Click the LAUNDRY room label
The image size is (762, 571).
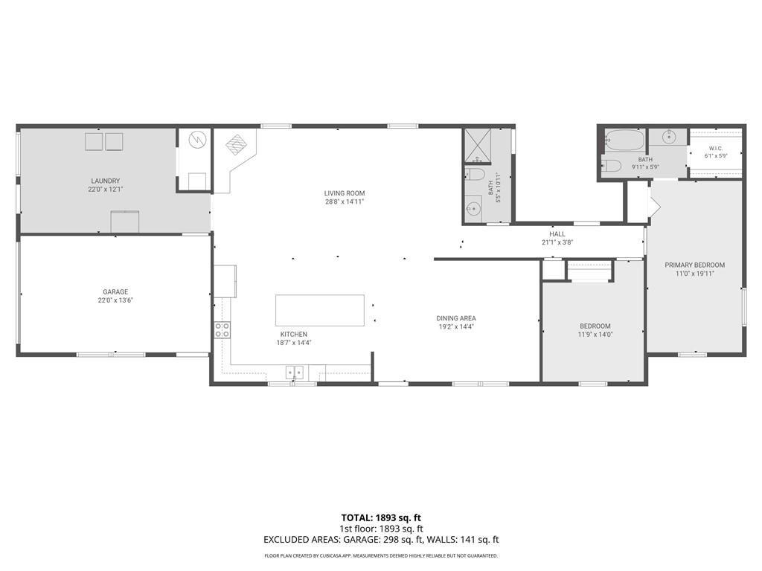click(x=106, y=181)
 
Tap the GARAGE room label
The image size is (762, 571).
click(x=115, y=291)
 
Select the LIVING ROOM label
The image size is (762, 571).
click(x=345, y=193)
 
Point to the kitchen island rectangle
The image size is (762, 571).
click(x=320, y=310)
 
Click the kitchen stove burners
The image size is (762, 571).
click(x=222, y=330)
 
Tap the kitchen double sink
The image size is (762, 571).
click(x=295, y=372)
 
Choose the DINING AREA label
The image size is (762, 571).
click(x=456, y=318)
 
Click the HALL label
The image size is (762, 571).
click(x=557, y=234)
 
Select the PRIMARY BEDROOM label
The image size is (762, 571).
click(x=695, y=265)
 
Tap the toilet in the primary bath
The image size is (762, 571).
click(x=612, y=166)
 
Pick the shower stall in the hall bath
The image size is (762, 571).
click(x=477, y=146)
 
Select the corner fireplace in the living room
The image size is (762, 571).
click(x=237, y=144)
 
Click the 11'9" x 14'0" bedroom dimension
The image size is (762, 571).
click(x=595, y=335)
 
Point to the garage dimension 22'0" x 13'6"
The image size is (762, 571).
click(x=115, y=300)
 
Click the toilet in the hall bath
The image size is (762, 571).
click(x=475, y=175)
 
